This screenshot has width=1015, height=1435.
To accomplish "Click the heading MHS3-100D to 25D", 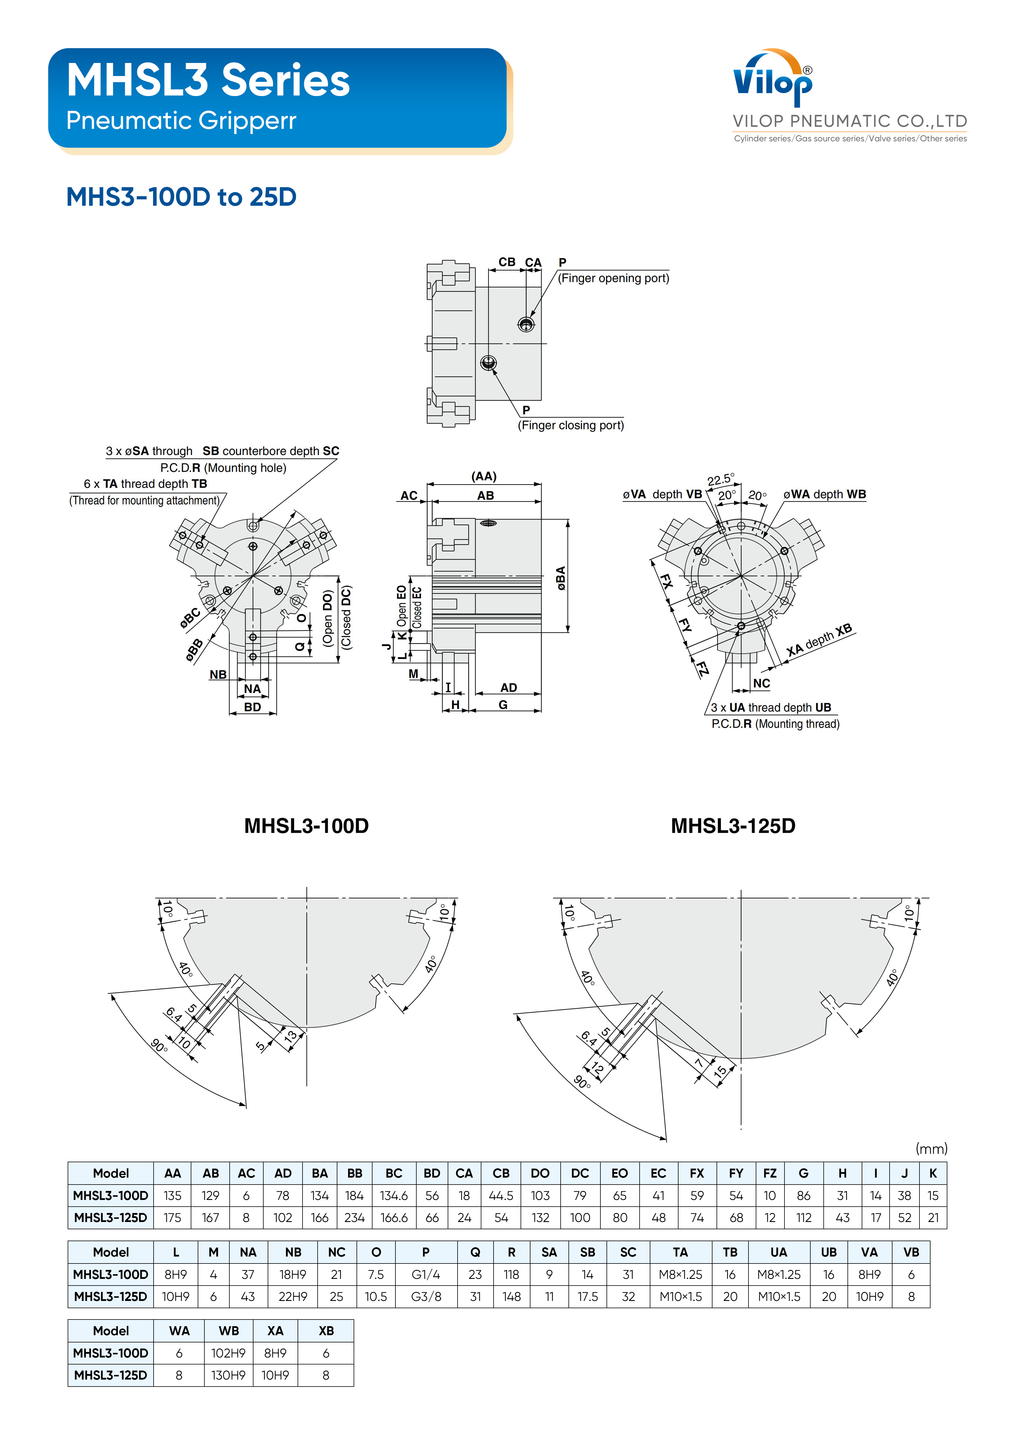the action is (181, 197).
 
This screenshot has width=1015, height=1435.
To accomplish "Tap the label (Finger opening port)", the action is (613, 278).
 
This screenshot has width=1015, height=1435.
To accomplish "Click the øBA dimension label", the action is (561, 578).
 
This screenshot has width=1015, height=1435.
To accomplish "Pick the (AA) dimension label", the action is (484, 476).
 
